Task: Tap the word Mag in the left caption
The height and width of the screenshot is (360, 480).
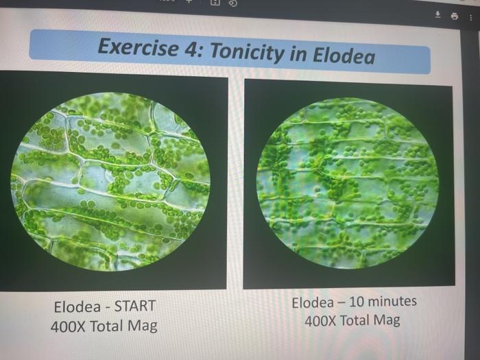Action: (141, 326)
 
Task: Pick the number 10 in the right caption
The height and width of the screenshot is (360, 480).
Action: (354, 302)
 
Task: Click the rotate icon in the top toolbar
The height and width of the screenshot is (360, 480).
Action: (232, 3)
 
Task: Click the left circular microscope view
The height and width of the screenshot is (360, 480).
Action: (111, 182)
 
